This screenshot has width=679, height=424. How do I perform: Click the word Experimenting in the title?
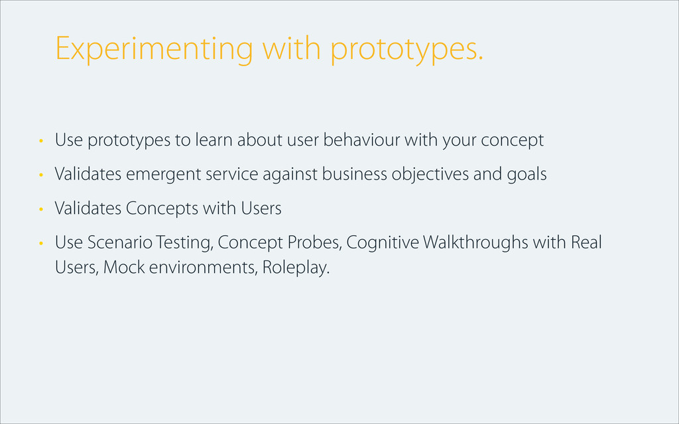point(154,49)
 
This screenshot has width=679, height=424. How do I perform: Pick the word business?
point(354,174)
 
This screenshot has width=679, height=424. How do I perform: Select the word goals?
point(526,175)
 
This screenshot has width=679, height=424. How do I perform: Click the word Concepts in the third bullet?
point(162,209)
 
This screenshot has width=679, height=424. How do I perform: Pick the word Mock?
point(124,268)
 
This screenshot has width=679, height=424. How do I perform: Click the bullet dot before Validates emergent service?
point(41,175)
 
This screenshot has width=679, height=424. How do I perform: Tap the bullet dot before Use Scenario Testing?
point(41,243)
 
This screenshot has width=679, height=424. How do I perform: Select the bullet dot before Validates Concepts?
point(41,209)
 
